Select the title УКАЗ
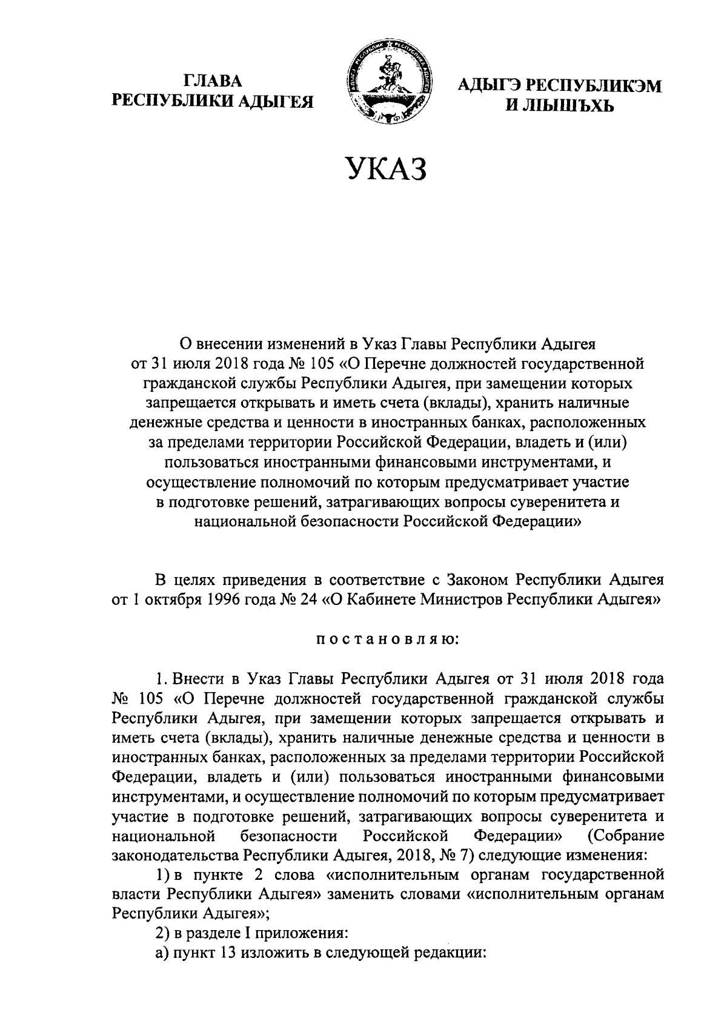pyautogui.click(x=386, y=168)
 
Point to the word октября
pyautogui.click(x=169, y=599)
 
